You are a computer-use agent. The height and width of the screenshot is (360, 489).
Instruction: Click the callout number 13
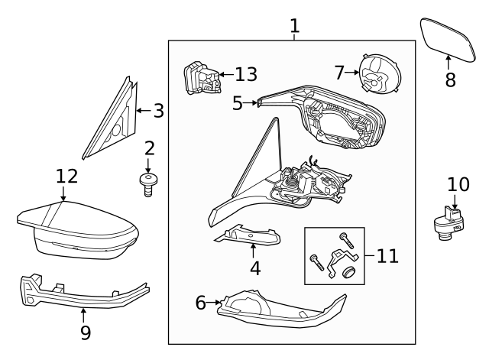point(246,74)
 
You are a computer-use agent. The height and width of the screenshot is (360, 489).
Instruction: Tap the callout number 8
point(450,79)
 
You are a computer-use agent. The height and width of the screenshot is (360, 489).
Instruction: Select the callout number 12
point(66,177)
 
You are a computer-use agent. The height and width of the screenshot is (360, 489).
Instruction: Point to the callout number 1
point(295,26)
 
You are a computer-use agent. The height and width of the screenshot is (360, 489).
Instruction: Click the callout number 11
point(387,256)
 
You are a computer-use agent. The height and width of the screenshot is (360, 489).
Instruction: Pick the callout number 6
point(201,303)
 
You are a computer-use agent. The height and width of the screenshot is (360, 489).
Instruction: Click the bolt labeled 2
point(148,185)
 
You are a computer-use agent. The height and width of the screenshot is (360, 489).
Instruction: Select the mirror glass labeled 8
point(448,40)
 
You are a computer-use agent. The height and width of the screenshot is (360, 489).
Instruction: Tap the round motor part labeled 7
point(380,74)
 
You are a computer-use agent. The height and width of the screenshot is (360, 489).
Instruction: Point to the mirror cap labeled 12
point(78,230)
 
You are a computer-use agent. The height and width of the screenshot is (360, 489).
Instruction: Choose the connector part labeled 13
point(202,78)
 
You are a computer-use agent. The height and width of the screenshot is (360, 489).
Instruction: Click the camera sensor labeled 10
point(449,223)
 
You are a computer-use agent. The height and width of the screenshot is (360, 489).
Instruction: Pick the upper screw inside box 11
point(346,240)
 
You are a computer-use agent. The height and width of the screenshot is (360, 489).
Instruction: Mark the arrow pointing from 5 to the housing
point(250,102)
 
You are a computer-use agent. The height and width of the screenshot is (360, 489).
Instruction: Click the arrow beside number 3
point(144,110)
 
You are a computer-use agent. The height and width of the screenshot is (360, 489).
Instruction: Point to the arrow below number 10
point(455,202)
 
